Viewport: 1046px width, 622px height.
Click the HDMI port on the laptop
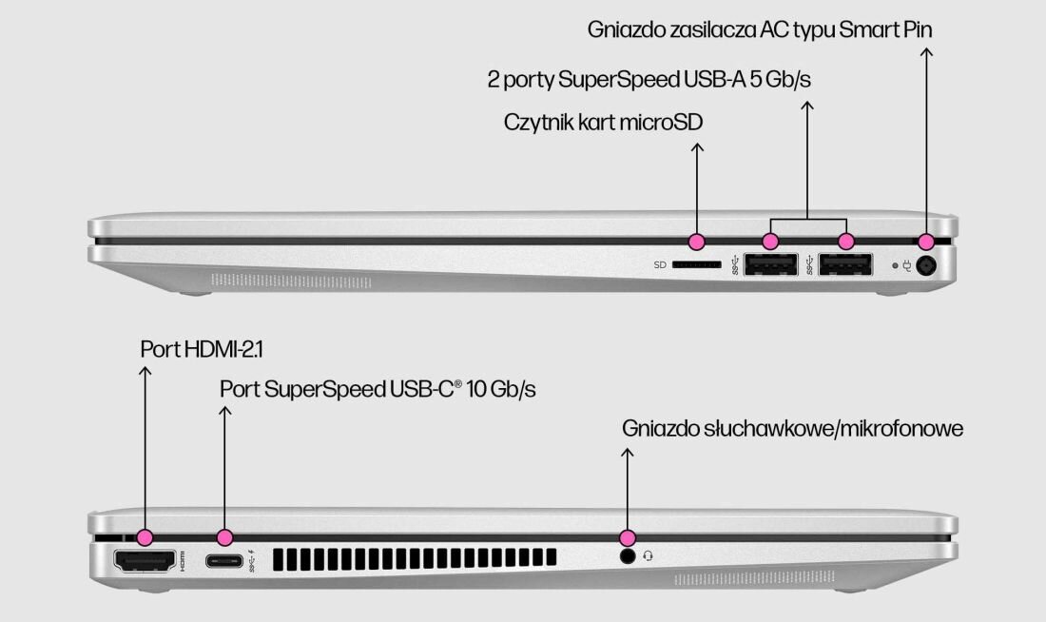click(x=145, y=560)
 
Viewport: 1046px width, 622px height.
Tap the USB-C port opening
click(x=224, y=559)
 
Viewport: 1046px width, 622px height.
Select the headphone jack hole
click(x=627, y=555)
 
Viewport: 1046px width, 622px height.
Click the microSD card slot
click(x=697, y=265)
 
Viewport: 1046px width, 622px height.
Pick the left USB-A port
click(x=770, y=265)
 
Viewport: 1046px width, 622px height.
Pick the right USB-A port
click(x=845, y=265)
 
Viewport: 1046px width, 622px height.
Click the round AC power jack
click(x=924, y=266)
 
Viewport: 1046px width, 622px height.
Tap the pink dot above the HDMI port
click(x=145, y=537)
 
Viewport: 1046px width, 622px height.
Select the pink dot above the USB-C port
click(x=224, y=537)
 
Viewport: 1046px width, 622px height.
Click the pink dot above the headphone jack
click(x=627, y=537)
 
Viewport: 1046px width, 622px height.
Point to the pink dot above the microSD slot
click(x=697, y=241)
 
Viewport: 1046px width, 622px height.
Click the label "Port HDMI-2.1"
click(x=202, y=349)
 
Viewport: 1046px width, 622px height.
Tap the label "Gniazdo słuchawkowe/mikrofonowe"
click(x=793, y=428)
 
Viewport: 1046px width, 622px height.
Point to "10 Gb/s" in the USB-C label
click(x=500, y=389)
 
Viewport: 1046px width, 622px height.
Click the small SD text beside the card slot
click(x=660, y=265)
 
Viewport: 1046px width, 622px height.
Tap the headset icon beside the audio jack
click(x=649, y=555)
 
